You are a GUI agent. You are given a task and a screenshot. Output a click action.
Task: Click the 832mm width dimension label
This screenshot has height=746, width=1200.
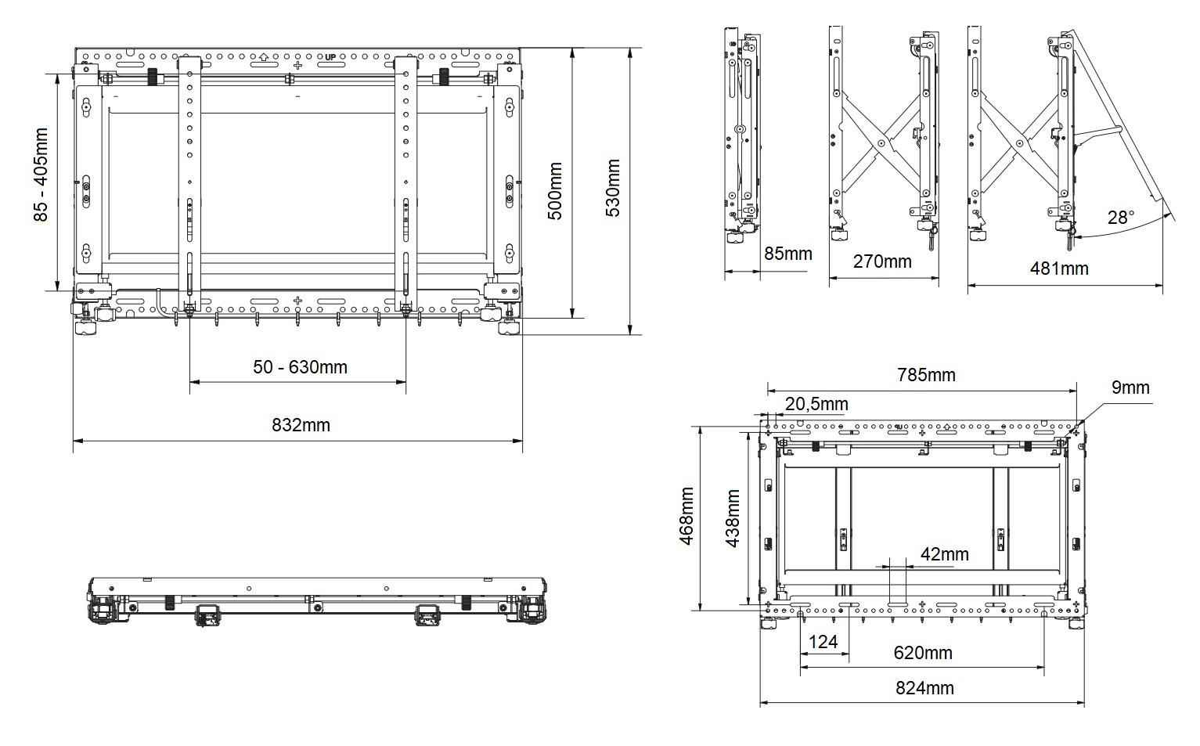coord(301,425)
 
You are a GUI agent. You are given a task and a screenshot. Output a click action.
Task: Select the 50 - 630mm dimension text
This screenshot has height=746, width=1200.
coord(300,366)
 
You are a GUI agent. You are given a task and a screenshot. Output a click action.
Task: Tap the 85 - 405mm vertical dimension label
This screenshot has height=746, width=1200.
coord(41,175)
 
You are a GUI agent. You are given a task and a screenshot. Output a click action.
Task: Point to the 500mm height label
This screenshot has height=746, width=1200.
coord(555,191)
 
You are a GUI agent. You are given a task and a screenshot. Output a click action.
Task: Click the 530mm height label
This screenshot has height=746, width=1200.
coord(613,188)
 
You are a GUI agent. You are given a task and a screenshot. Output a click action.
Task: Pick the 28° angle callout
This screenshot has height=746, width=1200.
coord(1121,217)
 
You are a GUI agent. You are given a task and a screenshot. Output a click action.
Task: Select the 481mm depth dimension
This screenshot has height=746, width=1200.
coord(1058,268)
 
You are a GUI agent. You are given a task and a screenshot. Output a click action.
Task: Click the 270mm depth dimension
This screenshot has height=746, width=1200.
coord(882,261)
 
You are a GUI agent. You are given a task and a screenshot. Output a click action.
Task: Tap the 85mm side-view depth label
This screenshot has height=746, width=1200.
coord(787,254)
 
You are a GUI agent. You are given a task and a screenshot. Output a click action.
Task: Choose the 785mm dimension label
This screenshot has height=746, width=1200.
coord(926,375)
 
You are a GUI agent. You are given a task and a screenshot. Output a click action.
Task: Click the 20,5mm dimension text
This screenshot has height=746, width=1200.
coord(816,404)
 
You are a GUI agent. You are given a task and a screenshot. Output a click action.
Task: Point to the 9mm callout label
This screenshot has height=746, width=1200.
coord(1130,387)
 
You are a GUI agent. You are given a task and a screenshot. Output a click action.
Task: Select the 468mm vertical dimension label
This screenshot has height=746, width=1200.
coord(686,516)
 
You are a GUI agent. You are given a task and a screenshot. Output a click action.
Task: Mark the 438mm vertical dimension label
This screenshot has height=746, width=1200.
coord(733,518)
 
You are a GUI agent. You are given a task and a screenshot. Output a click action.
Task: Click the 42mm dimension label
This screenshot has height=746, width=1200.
coord(944,554)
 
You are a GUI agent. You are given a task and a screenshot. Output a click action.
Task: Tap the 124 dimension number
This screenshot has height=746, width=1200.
coord(823,642)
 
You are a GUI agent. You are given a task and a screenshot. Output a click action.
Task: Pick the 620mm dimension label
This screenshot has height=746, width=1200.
coord(923,652)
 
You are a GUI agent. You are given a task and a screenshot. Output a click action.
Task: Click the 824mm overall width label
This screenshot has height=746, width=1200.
coord(924,688)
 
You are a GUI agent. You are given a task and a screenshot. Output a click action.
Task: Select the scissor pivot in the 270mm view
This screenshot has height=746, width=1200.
coord(882,144)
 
